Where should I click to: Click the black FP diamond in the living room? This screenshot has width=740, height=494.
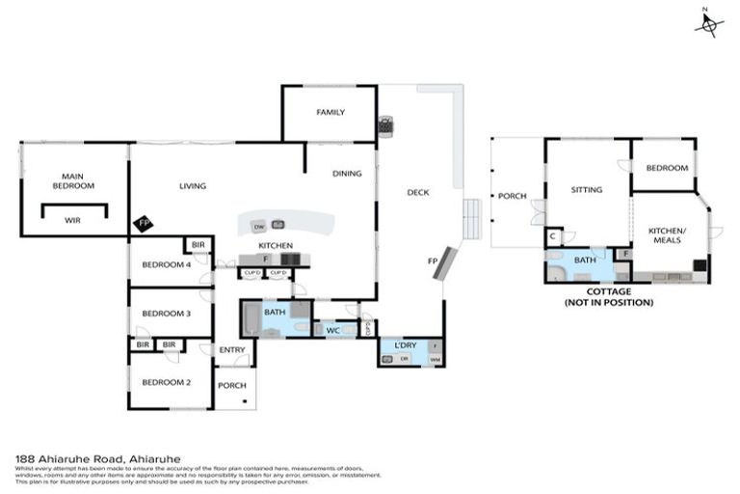pos(144,223)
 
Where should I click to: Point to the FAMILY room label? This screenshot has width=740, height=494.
pos(330,112)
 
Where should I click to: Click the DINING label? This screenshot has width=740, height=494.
pos(347,174)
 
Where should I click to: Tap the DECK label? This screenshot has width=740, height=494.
pos(417,192)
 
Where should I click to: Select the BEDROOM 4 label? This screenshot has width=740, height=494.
pos(160,265)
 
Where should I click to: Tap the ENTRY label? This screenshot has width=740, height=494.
pos(231,349)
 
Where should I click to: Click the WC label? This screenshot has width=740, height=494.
pos(333,331)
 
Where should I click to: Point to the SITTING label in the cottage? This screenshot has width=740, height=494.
pos(586,190)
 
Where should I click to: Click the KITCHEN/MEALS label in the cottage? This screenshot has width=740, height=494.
pos(666,234)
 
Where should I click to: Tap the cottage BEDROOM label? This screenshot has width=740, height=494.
pos(667,168)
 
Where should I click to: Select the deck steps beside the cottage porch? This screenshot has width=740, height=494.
pos(471,221)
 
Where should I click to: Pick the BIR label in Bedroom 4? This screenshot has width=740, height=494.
pos(198,247)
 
